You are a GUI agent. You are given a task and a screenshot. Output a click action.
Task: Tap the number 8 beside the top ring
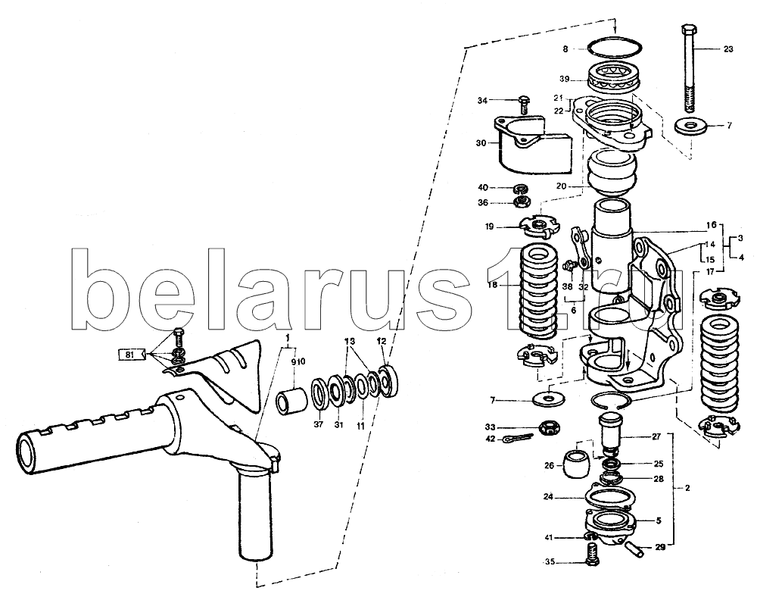click(x=565, y=48)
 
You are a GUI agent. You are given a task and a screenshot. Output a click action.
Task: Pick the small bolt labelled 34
click(x=523, y=106)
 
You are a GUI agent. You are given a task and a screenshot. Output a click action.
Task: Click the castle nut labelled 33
click(x=548, y=427)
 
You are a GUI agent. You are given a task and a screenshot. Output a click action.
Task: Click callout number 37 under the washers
click(x=318, y=425)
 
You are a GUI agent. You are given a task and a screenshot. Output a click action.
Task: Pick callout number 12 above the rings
click(x=382, y=341)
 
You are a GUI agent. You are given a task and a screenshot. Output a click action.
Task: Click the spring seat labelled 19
click(x=540, y=227)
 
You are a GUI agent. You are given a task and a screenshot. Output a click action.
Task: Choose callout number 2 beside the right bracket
click(x=687, y=488)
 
